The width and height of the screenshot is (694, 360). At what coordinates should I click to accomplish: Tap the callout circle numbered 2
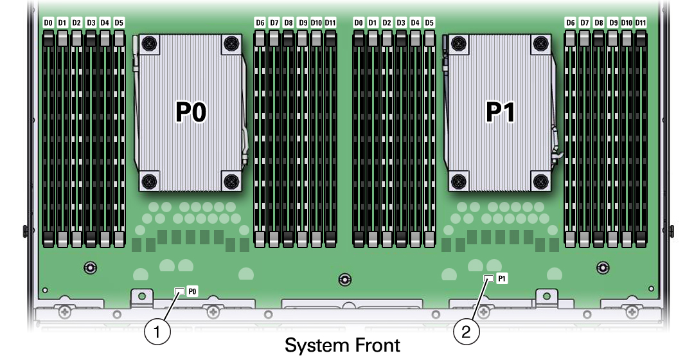pyautogui.click(x=467, y=332)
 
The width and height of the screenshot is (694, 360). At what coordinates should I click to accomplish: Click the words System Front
pyautogui.click(x=342, y=345)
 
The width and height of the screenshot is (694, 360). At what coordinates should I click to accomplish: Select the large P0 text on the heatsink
pyautogui.click(x=190, y=113)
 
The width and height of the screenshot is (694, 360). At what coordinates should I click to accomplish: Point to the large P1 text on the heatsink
pyautogui.click(x=500, y=113)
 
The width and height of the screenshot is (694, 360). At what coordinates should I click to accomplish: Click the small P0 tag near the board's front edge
pyautogui.click(x=191, y=291)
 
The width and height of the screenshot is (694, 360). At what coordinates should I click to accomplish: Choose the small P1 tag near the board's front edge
pyautogui.click(x=502, y=278)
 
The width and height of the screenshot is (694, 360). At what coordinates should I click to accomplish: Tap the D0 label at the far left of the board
pyautogui.click(x=48, y=22)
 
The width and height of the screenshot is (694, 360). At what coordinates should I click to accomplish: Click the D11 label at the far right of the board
pyautogui.click(x=641, y=22)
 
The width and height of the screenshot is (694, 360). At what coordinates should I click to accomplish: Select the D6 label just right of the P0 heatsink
pyautogui.click(x=260, y=22)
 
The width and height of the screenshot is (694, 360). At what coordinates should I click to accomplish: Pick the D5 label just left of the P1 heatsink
pyautogui.click(x=429, y=22)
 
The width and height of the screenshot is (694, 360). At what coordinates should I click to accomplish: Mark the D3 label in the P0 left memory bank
pyautogui.click(x=91, y=22)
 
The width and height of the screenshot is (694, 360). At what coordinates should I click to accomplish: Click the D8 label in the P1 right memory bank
pyautogui.click(x=598, y=22)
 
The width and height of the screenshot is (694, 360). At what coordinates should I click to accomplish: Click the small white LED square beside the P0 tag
pyautogui.click(x=179, y=291)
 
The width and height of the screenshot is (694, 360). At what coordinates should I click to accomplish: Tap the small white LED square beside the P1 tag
pyautogui.click(x=489, y=278)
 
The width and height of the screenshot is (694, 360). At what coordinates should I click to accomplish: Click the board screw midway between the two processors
pyautogui.click(x=345, y=279)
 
